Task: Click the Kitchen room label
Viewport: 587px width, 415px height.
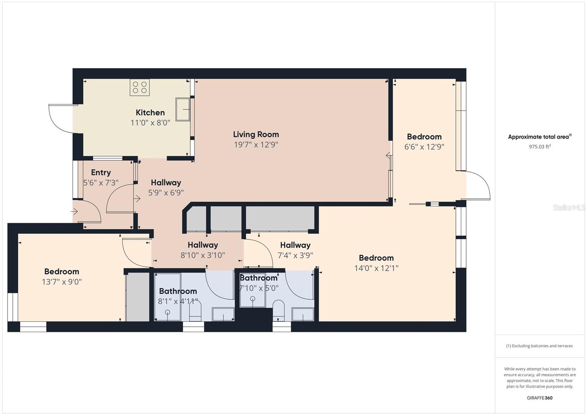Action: [x=150, y=113]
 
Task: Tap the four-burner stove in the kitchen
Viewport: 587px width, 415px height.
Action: [x=140, y=87]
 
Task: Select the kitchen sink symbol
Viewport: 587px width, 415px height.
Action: [x=183, y=109]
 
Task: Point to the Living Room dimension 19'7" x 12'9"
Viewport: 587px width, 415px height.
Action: [x=256, y=145]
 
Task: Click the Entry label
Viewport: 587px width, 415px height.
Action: [x=101, y=172]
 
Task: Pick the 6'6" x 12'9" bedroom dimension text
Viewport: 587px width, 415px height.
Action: [x=424, y=146]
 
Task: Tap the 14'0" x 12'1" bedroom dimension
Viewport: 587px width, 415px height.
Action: [x=376, y=268]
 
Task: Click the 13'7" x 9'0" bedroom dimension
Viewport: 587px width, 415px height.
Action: [x=62, y=282]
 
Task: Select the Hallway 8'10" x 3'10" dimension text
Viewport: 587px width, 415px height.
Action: [x=203, y=255]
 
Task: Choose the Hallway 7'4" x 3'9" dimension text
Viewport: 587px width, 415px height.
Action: [x=295, y=255]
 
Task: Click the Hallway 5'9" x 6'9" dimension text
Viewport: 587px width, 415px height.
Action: [x=166, y=193]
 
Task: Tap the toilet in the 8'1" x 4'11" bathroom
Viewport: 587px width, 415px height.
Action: [x=195, y=311]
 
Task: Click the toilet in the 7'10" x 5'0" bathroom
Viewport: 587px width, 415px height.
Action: [x=278, y=311]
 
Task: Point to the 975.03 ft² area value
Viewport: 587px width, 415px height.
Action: [x=540, y=146]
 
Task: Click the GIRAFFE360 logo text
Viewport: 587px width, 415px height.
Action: [x=540, y=398]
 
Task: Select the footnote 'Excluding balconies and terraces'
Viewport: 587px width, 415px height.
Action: [x=542, y=346]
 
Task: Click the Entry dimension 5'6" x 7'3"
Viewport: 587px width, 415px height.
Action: [x=101, y=183]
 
